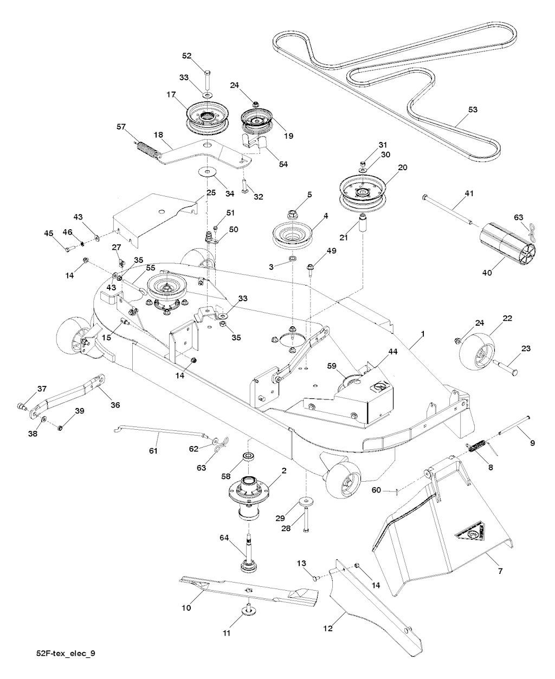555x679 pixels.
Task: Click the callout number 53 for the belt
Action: pyautogui.click(x=473, y=109)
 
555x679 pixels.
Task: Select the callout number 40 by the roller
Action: pyautogui.click(x=486, y=273)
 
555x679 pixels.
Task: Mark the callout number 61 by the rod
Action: pyautogui.click(x=153, y=450)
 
